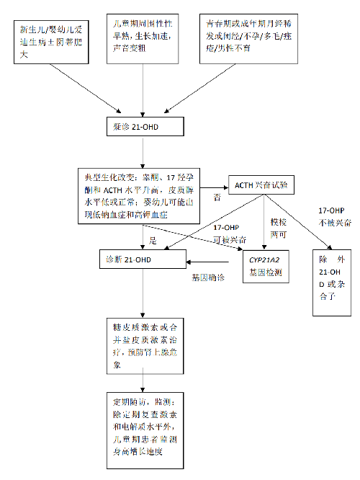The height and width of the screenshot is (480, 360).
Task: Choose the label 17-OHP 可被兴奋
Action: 226,232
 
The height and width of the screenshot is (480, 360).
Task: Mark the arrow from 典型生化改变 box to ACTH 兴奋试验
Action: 217,185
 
